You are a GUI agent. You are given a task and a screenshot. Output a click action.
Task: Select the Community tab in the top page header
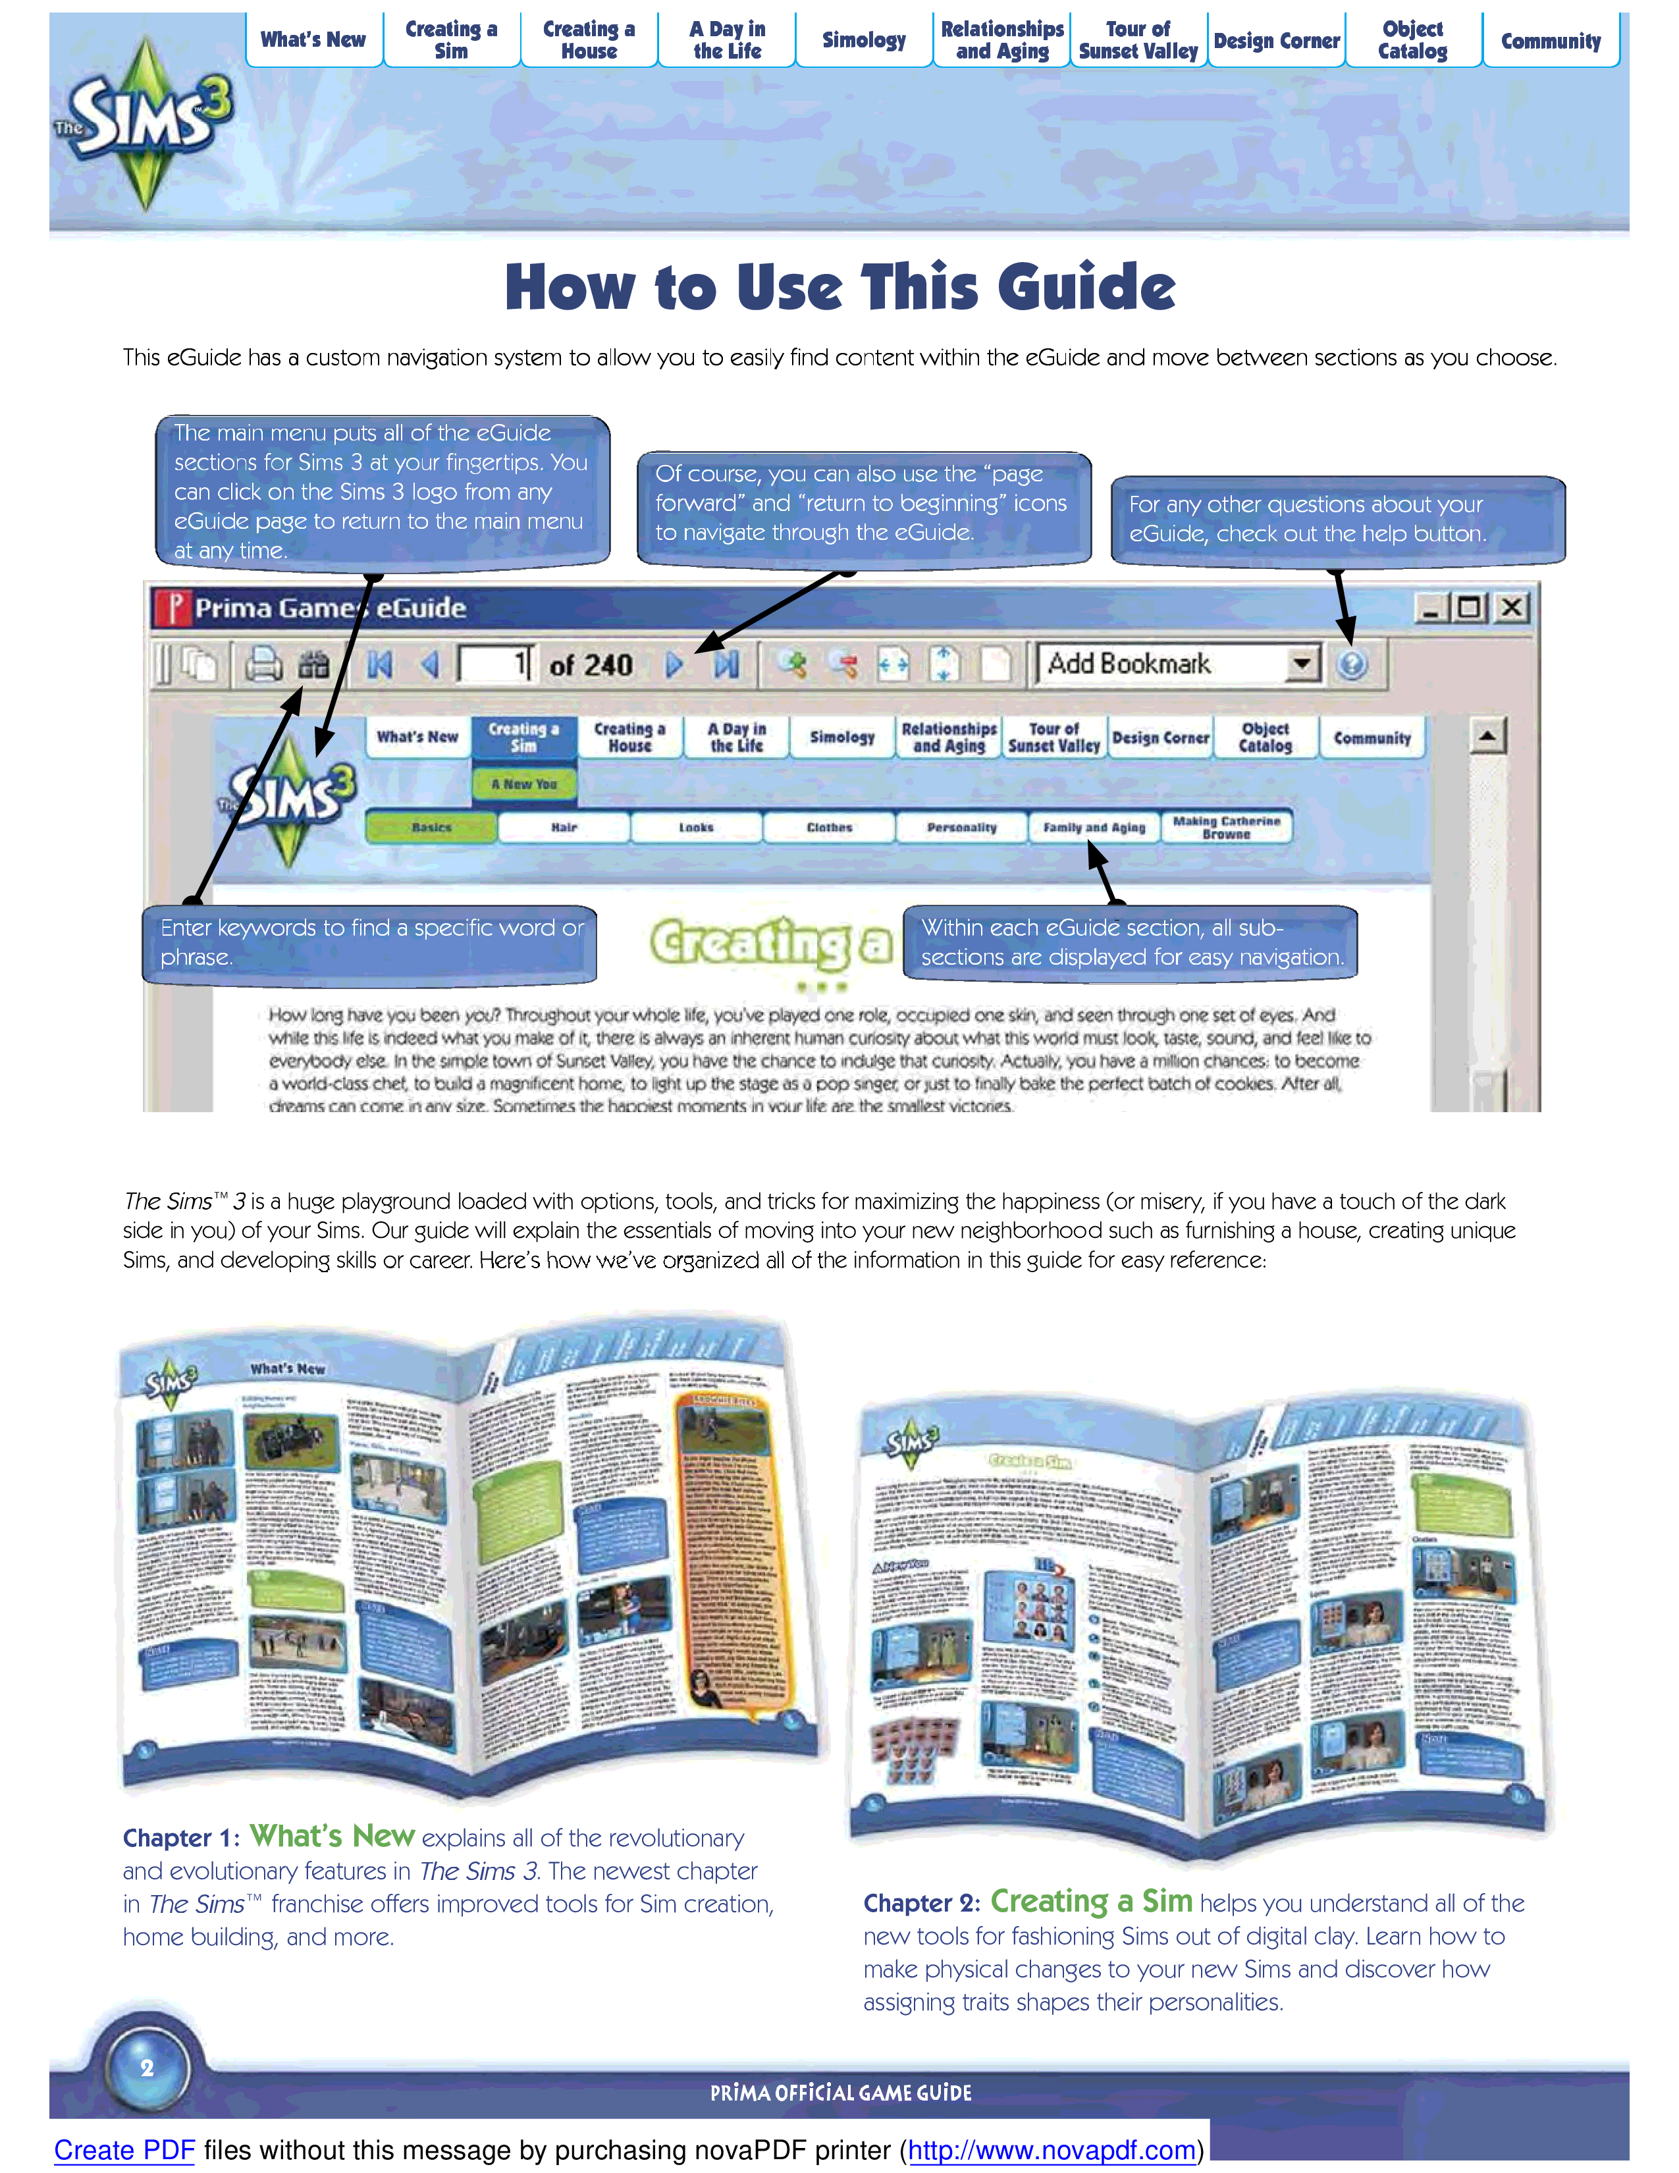pyautogui.click(x=1550, y=41)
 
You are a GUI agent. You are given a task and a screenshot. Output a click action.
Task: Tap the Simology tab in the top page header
pyautogui.click(x=863, y=41)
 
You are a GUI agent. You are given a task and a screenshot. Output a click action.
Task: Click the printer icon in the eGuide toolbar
pyautogui.click(x=263, y=664)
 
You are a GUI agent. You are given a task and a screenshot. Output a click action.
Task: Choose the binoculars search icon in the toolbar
pyautogui.click(x=313, y=664)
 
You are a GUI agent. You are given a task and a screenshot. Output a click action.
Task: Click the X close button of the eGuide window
pyautogui.click(x=1512, y=607)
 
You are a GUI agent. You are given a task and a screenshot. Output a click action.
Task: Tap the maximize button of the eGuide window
pyautogui.click(x=1469, y=607)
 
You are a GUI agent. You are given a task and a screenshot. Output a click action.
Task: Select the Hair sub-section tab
pyautogui.click(x=564, y=827)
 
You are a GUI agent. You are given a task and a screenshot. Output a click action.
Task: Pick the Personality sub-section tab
pyautogui.click(x=961, y=827)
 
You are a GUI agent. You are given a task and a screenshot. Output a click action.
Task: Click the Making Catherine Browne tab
pyautogui.click(x=1227, y=827)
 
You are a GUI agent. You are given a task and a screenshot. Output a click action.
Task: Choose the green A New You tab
pyautogui.click(x=524, y=784)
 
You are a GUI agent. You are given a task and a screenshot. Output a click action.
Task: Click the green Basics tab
pyautogui.click(x=432, y=827)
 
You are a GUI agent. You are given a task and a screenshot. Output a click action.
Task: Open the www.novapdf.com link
pyautogui.click(x=1052, y=2150)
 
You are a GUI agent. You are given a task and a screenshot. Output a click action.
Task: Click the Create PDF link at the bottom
pyautogui.click(x=124, y=2150)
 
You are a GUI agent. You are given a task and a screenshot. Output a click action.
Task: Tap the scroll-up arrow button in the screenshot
pyautogui.click(x=1487, y=736)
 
